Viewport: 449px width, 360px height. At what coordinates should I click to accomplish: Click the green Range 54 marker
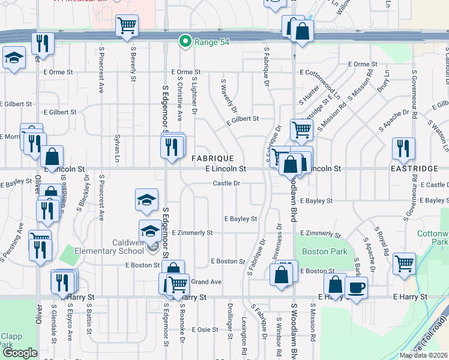[186, 41]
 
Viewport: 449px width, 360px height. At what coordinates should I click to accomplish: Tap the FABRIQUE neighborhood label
[212, 158]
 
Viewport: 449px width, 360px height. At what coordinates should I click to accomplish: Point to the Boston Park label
[316, 252]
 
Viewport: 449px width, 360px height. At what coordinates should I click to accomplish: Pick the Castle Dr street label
[226, 183]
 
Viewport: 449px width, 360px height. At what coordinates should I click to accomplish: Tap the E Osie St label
[205, 329]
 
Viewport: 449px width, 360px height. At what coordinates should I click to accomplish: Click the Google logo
[20, 353]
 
